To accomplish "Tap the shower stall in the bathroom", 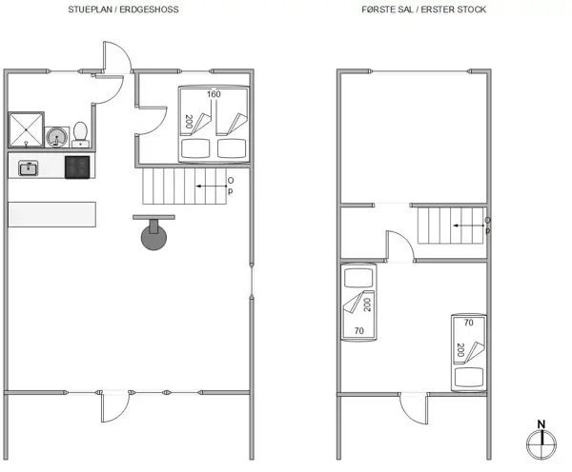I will (25, 129).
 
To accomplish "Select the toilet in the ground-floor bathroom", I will (81, 132).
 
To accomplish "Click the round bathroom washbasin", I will (57, 136).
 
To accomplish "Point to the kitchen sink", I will (29, 168).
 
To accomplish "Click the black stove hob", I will (77, 167).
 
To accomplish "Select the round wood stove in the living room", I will (153, 236).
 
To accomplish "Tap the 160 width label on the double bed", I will (214, 94).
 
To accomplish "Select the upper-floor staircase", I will (450, 226).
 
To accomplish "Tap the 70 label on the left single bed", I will (358, 330).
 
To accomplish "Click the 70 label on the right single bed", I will (468, 324).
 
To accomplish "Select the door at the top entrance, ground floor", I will (114, 65).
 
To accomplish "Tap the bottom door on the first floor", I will (415, 409).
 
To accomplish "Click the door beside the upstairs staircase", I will (398, 245).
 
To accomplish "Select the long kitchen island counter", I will (52, 213).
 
